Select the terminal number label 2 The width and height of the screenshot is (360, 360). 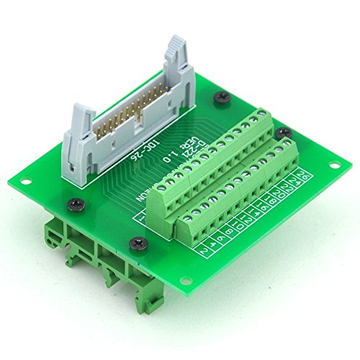pos(205,249)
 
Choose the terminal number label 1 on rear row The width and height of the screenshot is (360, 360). pos(142,214)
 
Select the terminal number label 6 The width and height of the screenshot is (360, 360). pos(223,234)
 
